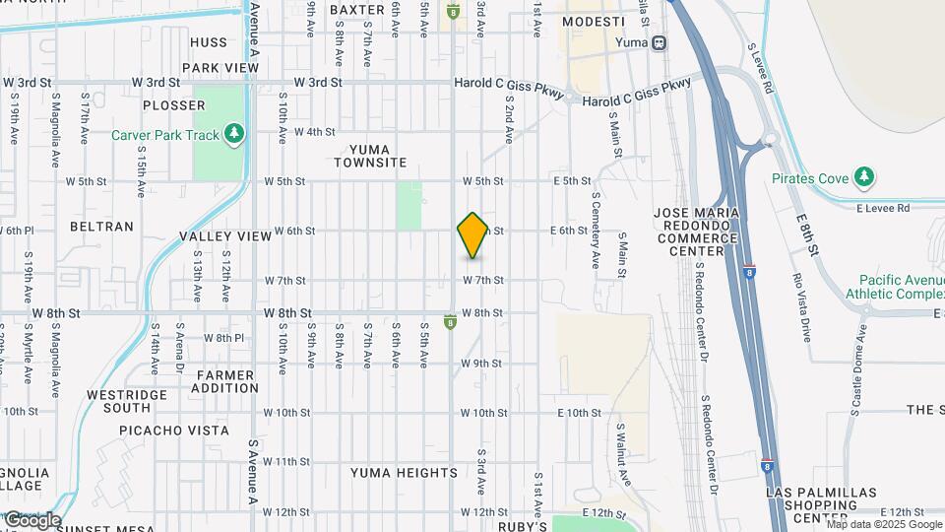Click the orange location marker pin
tap(472, 235)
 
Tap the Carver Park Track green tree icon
tap(234, 133)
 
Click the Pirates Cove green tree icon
tap(863, 177)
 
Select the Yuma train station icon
tap(659, 42)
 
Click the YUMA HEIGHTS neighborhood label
tap(405, 473)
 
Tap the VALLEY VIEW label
tap(225, 236)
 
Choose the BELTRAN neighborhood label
tap(101, 227)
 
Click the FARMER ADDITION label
tap(226, 381)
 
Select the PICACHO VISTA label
tap(173, 431)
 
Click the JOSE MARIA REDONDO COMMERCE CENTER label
tap(697, 232)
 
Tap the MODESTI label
tap(593, 22)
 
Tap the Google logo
tap(32, 520)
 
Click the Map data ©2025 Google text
tap(883, 524)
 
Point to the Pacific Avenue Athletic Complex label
tap(900, 287)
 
